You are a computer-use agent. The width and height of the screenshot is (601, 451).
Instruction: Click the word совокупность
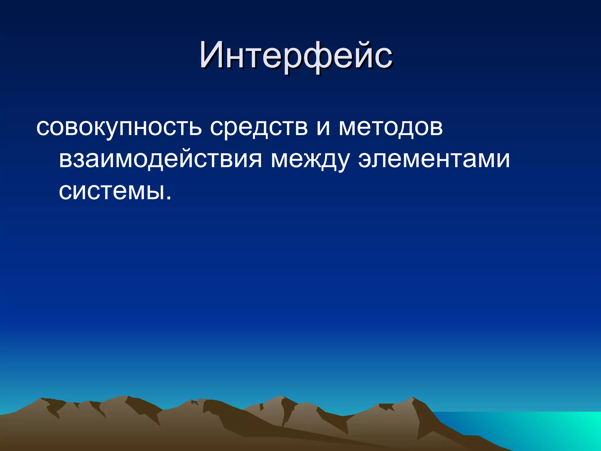119,128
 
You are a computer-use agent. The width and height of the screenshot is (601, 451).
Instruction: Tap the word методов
391,128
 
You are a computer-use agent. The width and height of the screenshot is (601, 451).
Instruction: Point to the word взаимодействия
160,160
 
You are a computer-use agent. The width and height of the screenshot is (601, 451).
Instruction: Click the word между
310,160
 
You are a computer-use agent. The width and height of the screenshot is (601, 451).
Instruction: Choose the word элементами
434,160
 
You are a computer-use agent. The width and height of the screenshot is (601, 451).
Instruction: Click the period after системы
168,198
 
